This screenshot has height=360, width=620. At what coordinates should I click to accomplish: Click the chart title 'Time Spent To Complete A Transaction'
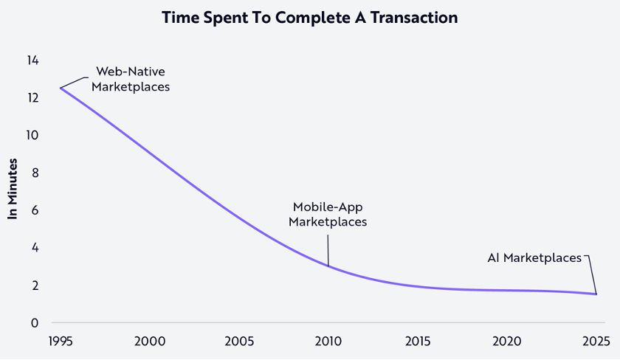click(x=309, y=18)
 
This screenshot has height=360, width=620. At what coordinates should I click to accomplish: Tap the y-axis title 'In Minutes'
click(x=13, y=188)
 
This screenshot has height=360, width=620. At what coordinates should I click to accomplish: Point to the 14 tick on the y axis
click(x=32, y=60)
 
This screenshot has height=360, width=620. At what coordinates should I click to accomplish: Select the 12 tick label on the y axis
click(x=32, y=97)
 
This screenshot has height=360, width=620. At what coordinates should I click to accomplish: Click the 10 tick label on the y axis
click(x=32, y=135)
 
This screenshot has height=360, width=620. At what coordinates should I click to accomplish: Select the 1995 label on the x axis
click(x=61, y=341)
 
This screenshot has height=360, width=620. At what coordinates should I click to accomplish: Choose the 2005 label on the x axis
click(x=239, y=341)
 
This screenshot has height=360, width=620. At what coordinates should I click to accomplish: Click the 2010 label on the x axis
click(x=328, y=341)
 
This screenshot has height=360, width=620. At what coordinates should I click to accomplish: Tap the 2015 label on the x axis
click(x=418, y=341)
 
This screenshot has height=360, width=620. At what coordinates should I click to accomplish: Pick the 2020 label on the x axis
click(x=507, y=341)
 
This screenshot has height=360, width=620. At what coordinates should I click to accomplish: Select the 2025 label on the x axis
click(x=596, y=341)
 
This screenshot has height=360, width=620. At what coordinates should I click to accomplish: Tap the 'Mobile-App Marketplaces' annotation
click(x=328, y=214)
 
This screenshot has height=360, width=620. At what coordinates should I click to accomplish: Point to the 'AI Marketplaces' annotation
click(x=534, y=257)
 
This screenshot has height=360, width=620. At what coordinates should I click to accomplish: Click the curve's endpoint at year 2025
click(x=596, y=294)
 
